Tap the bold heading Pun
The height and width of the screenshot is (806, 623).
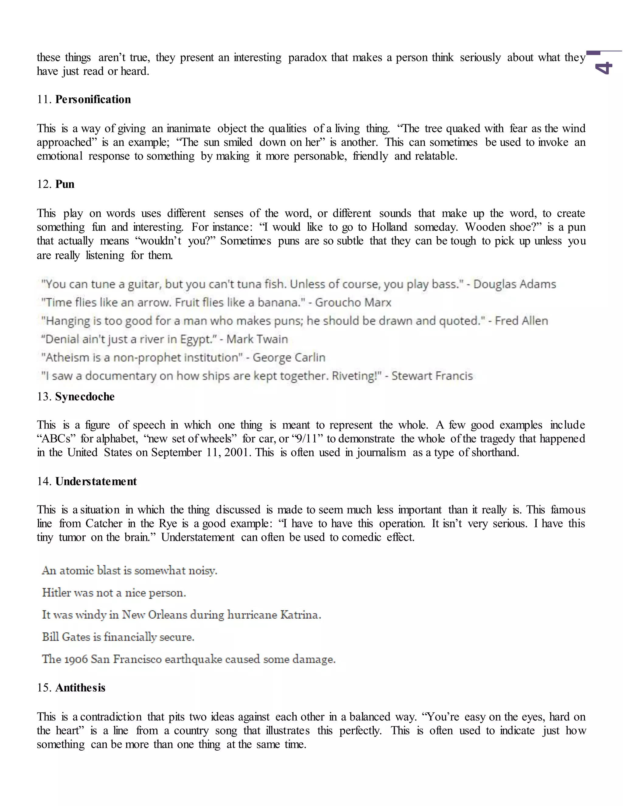pyautogui.click(x=65, y=184)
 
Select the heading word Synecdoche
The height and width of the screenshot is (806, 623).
pyautogui.click(x=85, y=397)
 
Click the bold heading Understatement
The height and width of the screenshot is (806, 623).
pyautogui.click(x=96, y=481)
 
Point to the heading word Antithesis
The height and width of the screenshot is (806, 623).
pyautogui.click(x=80, y=688)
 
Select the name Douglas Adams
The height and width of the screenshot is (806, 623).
pyautogui.click(x=514, y=284)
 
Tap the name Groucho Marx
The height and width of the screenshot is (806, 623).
pyautogui.click(x=353, y=303)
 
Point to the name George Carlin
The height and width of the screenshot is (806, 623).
pyautogui.click(x=289, y=358)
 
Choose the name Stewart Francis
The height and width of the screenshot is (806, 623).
pyautogui.click(x=432, y=376)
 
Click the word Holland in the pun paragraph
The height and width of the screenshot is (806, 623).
pyautogui.click(x=389, y=227)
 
